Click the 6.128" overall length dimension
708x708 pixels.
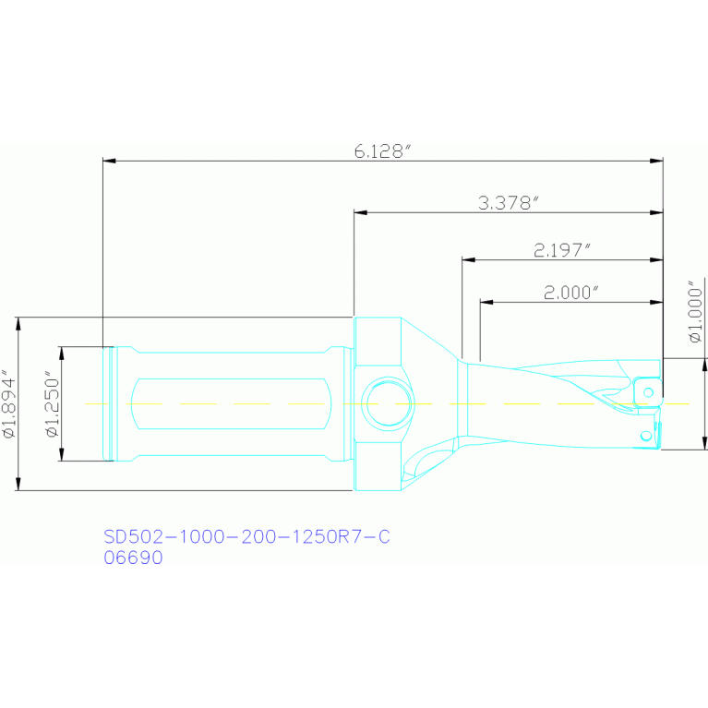click(383, 151)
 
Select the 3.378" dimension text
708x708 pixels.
click(509, 203)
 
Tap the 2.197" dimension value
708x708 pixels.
click(562, 250)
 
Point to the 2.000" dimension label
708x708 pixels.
click(571, 293)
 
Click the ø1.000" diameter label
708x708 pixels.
click(696, 312)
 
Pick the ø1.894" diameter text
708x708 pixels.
click(9, 403)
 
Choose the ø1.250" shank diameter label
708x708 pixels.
click(53, 403)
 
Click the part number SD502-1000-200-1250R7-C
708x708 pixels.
click(247, 536)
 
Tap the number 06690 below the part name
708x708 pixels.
click(133, 558)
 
